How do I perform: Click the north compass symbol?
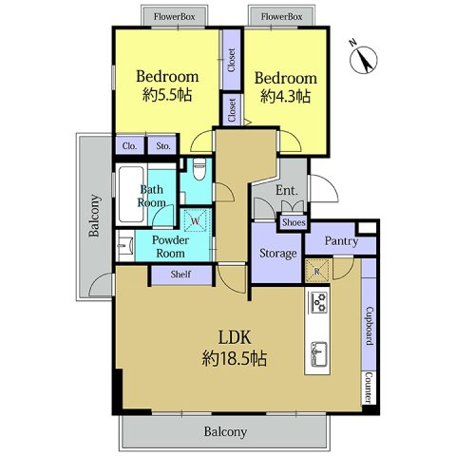tap(363, 60)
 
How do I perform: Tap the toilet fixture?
tap(199, 169)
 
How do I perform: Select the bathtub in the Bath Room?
tap(131, 194)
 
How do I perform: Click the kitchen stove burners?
tap(318, 302)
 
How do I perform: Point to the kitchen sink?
tap(318, 353)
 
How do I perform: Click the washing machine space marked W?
tap(196, 220)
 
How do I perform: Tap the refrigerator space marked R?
tap(317, 271)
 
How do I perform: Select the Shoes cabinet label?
tap(294, 222)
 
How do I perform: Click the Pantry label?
tap(341, 241)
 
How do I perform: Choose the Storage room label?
tap(278, 254)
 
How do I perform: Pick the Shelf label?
tap(180, 275)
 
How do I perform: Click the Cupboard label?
tap(370, 326)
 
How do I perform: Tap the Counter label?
tap(369, 388)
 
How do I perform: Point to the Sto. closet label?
tap(163, 146)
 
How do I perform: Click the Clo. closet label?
tap(130, 146)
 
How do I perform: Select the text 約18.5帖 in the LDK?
tap(235, 358)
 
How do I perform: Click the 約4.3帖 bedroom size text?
tap(285, 96)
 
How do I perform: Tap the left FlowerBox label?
tap(174, 16)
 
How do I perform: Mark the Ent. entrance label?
tap(287, 190)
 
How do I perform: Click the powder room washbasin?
tap(125, 246)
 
